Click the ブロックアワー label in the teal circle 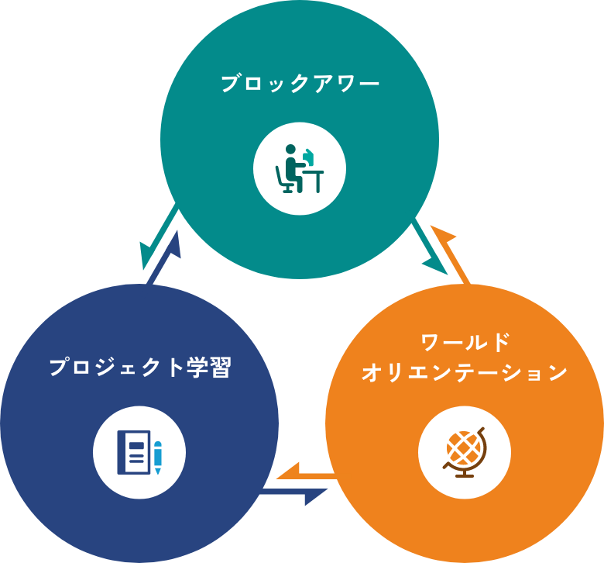(x=300, y=83)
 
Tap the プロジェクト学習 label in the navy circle (x=139, y=367)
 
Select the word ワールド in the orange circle (x=464, y=342)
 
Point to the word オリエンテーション (x=464, y=373)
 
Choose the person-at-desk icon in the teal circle (x=300, y=169)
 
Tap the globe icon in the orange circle (x=464, y=451)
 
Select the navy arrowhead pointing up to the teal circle (x=174, y=243)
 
